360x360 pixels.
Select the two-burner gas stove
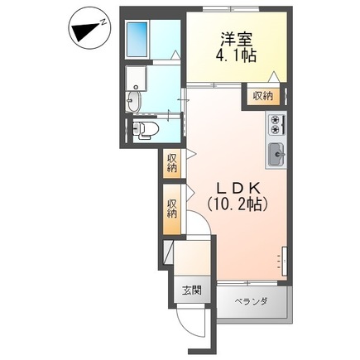(x=275, y=125)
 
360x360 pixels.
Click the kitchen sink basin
(x=275, y=153)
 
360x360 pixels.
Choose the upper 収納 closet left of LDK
(x=171, y=162)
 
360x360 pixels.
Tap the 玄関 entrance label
(x=191, y=292)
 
